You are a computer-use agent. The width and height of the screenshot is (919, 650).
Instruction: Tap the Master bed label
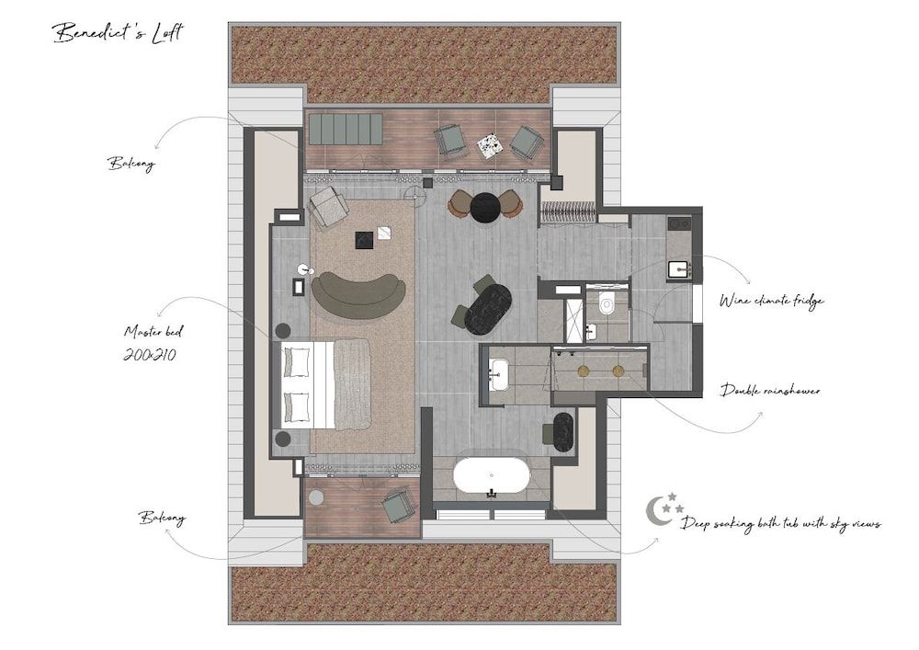tap(153, 331)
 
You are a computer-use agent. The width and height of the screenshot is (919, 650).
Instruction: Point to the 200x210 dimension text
tap(150, 355)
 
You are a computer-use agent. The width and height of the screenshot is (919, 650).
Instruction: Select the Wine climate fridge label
tap(771, 301)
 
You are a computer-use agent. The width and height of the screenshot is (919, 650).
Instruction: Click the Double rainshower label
tap(770, 390)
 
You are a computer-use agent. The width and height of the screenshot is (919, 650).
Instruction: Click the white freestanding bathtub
tap(491, 476)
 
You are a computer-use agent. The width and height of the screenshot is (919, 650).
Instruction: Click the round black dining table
tap(485, 208)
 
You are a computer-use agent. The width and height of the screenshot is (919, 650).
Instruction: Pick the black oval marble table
tap(488, 310)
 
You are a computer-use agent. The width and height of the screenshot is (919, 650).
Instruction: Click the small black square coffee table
tap(365, 240)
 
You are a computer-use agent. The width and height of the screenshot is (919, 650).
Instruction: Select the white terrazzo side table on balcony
tap(489, 145)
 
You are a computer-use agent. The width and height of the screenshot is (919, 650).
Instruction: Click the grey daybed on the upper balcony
tap(346, 129)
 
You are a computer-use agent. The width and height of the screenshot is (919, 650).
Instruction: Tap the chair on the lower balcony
tap(399, 504)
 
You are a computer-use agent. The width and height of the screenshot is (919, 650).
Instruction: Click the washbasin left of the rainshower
tap(499, 373)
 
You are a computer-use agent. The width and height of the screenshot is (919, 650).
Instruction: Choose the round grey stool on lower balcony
tap(316, 497)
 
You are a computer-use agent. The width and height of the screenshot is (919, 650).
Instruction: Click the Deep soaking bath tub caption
tap(780, 523)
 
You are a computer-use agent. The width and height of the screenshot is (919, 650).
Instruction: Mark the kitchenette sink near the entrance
tap(679, 269)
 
